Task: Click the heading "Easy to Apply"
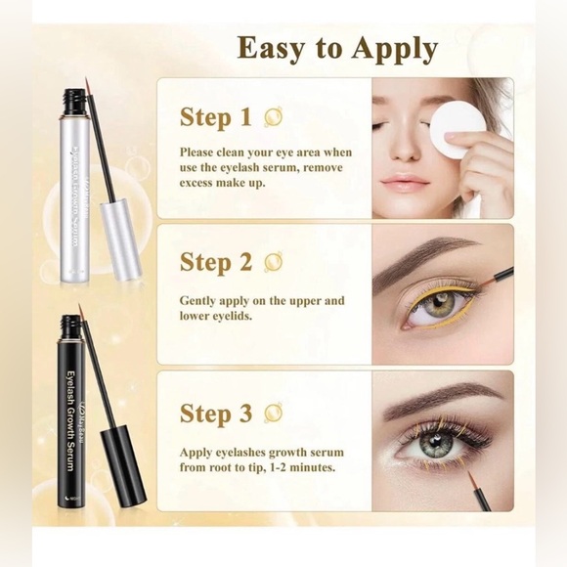[336, 49]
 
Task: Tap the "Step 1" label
[217, 118]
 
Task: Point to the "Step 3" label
[217, 414]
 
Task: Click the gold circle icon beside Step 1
[274, 118]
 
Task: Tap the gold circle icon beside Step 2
[274, 262]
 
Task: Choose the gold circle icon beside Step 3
[274, 414]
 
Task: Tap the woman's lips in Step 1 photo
[405, 183]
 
